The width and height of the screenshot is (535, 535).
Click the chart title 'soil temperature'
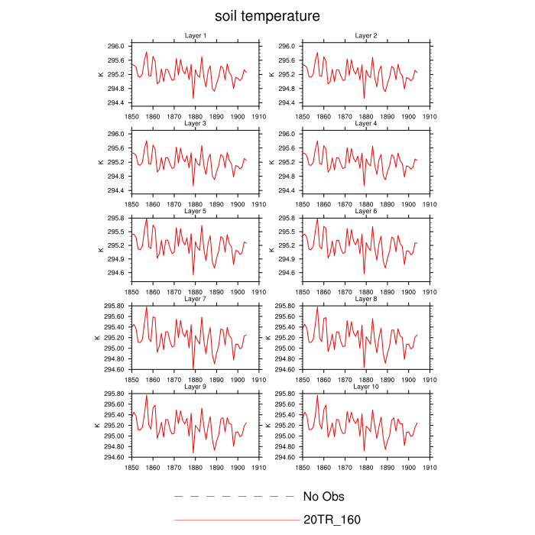[267, 15]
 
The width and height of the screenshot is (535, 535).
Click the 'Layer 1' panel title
[195, 35]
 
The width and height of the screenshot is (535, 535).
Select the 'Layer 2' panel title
[365, 35]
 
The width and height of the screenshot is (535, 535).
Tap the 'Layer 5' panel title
[195, 211]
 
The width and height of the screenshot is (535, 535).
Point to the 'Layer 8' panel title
[365, 299]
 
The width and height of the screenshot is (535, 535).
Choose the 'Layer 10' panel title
[365, 387]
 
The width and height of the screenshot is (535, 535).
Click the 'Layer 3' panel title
[195, 123]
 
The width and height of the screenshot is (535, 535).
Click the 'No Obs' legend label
[324, 497]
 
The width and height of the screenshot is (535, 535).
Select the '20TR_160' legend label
[332, 520]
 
